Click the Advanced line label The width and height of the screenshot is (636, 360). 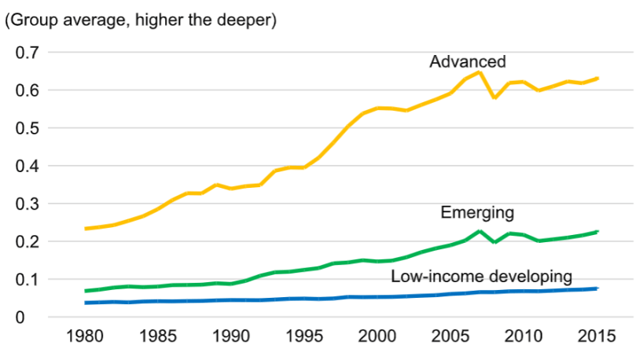(467, 62)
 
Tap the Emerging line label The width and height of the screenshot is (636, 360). (477, 213)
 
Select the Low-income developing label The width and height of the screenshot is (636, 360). (481, 276)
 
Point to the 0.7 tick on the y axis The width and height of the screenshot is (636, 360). (27, 53)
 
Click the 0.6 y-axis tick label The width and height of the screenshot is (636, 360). (27, 90)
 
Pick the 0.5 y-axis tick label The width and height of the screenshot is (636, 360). (27, 128)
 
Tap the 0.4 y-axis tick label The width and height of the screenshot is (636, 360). (27, 166)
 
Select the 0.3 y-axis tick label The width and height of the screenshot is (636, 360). (27, 204)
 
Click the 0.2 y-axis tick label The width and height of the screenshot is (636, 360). (27, 241)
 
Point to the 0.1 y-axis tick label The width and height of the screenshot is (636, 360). (27, 279)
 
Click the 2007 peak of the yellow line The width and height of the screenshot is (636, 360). (480, 72)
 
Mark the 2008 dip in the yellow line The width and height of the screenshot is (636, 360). (494, 97)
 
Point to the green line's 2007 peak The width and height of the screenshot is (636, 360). (480, 231)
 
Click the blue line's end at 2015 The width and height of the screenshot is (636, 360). (597, 288)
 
